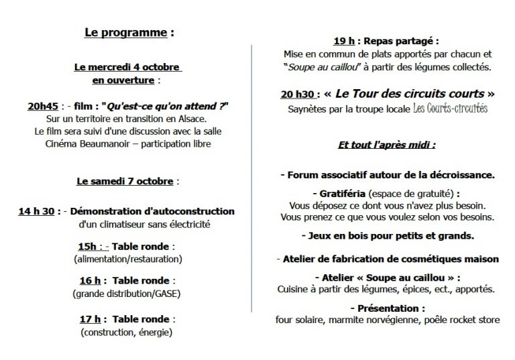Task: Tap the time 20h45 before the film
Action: (x=42, y=107)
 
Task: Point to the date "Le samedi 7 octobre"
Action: (x=126, y=181)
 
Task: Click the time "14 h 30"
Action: (x=37, y=212)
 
